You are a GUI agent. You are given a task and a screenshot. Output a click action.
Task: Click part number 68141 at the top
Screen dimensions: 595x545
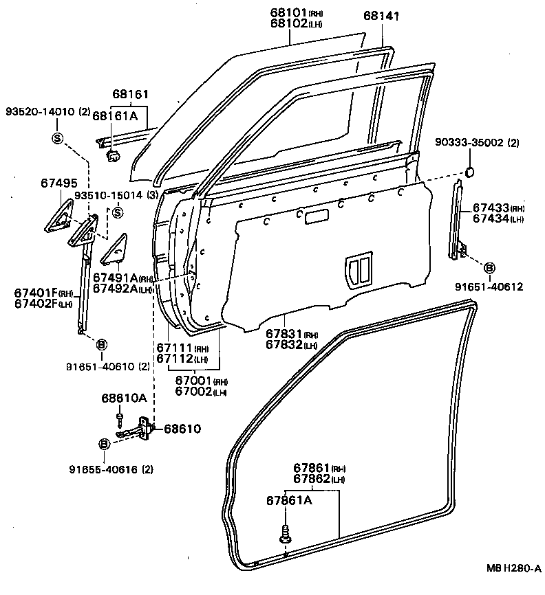pos(381,16)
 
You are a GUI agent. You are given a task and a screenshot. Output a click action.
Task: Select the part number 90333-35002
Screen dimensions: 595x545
pos(471,142)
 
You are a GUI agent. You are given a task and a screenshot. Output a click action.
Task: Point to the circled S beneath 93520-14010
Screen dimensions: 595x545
pos(57,138)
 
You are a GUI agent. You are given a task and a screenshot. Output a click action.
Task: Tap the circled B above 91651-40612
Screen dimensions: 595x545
pos(488,267)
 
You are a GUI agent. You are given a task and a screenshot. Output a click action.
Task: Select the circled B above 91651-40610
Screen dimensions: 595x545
pos(101,344)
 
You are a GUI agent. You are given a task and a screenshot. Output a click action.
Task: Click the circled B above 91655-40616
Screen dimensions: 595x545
pos(104,444)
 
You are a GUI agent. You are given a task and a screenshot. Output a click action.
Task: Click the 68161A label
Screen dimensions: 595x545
pos(115,116)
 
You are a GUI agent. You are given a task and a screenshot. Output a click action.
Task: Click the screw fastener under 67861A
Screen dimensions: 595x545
pos(284,533)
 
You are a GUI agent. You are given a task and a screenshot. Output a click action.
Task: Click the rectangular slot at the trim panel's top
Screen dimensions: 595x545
pos(317,218)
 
